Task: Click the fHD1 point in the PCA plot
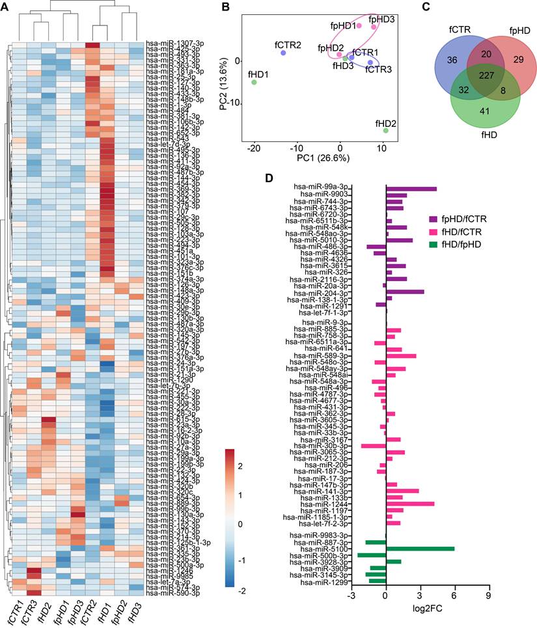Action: (x=254, y=82)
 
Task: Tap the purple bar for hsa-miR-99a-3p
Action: (x=411, y=189)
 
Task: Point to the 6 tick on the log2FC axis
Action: (x=454, y=595)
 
